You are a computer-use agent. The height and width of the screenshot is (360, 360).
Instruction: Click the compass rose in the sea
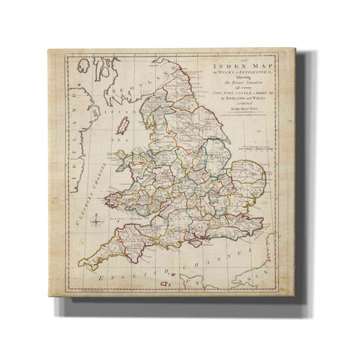(97, 220)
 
